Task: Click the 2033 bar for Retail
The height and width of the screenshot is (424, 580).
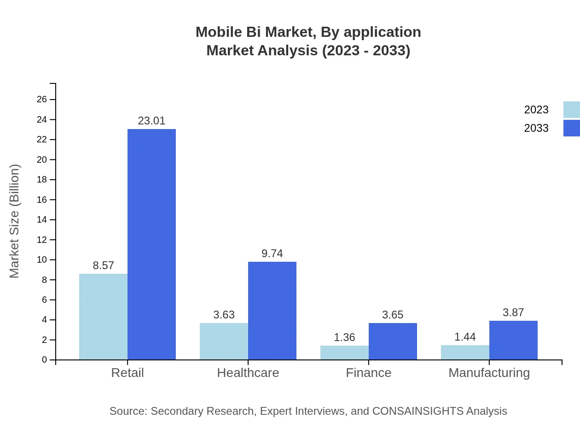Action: tap(151, 244)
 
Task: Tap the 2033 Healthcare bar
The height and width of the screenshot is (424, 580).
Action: tap(272, 311)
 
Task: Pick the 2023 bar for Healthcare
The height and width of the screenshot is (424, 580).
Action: tap(224, 341)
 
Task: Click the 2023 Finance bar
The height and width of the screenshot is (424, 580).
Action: tap(344, 353)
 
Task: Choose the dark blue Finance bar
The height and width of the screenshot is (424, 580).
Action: tap(393, 341)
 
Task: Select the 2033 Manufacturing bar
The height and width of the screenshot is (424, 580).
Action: tap(513, 340)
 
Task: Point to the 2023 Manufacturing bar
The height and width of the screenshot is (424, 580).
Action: tap(465, 352)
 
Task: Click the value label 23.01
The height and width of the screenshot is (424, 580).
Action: tap(151, 121)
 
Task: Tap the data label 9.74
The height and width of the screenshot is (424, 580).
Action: tap(272, 253)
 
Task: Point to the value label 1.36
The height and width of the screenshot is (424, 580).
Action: tap(344, 337)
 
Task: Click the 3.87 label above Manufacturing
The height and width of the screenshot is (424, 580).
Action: tap(513, 312)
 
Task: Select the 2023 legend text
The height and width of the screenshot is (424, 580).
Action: tap(536, 110)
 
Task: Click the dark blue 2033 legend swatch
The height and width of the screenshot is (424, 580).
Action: tap(571, 128)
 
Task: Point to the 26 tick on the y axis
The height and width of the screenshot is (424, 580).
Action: tap(42, 100)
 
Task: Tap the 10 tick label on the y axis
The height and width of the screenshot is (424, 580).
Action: tap(42, 260)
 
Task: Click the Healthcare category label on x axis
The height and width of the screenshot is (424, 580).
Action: tap(248, 372)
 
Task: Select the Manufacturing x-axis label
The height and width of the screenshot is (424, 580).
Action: tap(489, 372)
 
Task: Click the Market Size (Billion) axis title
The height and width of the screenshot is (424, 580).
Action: tap(15, 221)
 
